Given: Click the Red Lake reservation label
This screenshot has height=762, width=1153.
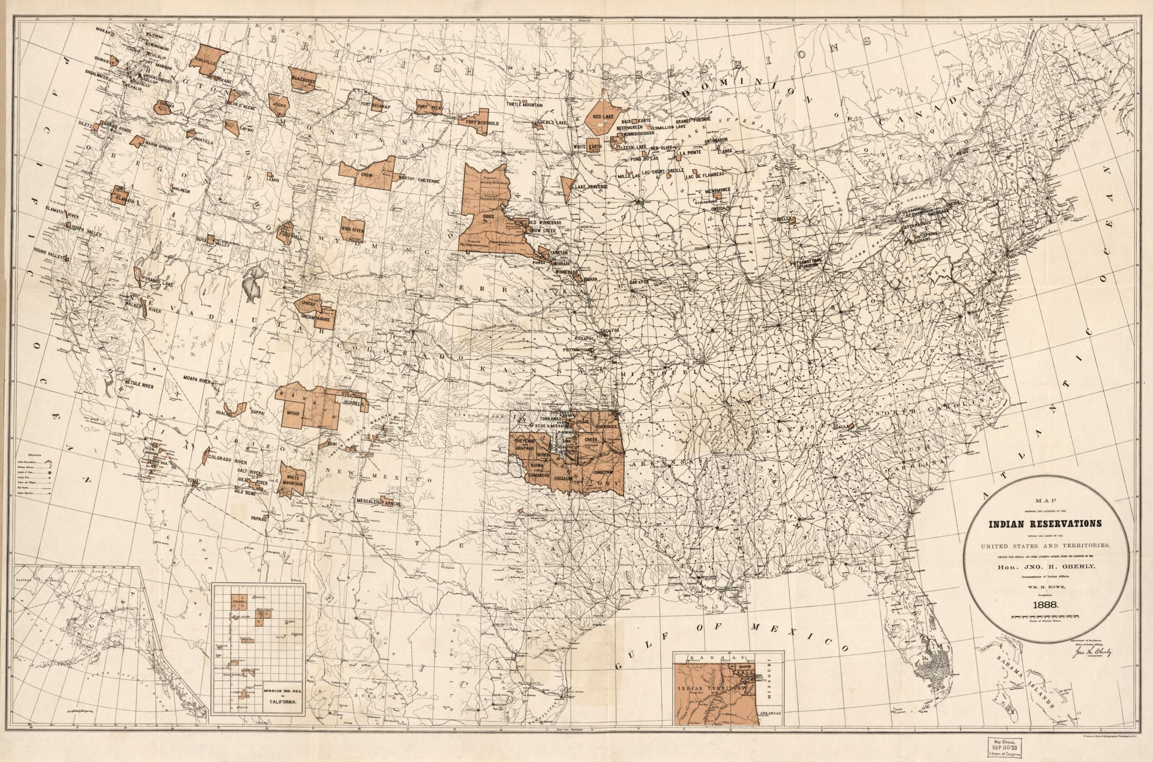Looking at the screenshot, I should tap(603, 117).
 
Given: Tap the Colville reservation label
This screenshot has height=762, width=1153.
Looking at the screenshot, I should tap(202, 62).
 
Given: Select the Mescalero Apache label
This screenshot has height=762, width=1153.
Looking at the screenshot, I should tap(379, 504).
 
